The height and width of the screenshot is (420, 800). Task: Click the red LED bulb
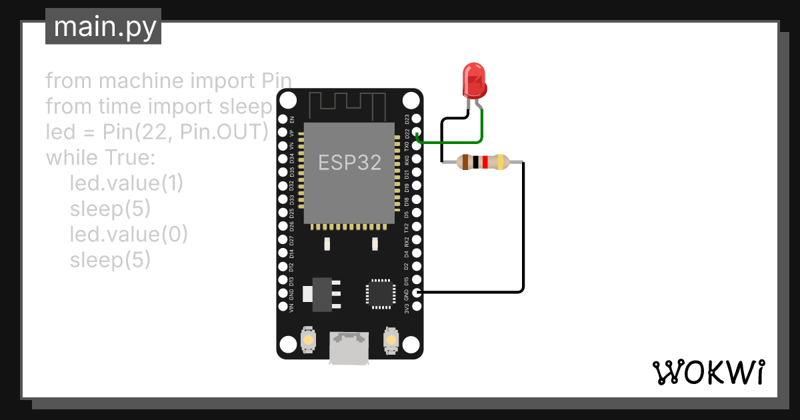point(474,80)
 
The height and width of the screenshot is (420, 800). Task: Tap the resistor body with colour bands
point(481,161)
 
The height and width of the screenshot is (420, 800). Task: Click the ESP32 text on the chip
point(349,163)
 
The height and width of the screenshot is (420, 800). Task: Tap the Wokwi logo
point(708,372)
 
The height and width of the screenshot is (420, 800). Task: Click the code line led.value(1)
point(126,183)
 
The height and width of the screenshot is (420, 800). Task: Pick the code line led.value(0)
point(129,235)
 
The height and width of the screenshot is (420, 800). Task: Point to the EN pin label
point(292,119)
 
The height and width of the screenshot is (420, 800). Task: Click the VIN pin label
point(292,307)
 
